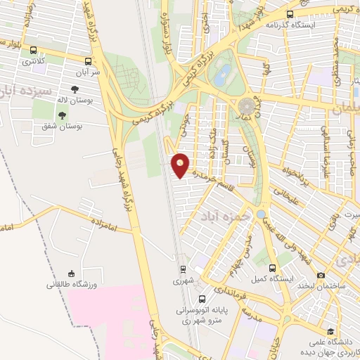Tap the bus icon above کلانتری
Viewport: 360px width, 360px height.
(x=33, y=49)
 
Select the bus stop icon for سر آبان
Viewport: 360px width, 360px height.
(x=87, y=61)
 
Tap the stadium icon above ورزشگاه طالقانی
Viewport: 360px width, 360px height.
(x=70, y=274)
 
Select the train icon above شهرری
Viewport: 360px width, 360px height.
(x=183, y=269)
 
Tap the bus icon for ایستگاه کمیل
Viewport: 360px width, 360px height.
(x=272, y=268)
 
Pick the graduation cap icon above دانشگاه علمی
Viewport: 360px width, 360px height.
(x=329, y=332)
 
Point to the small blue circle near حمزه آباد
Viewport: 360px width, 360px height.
(x=261, y=214)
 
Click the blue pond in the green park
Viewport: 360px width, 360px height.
(x=221, y=75)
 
